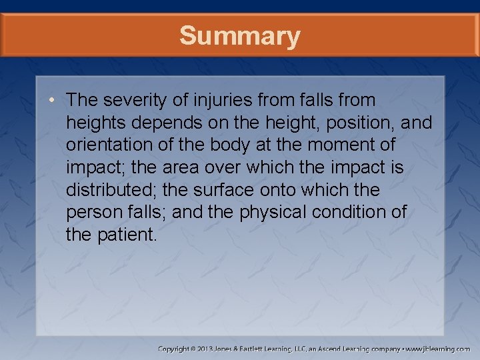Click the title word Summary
[x=239, y=35]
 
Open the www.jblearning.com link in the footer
[x=438, y=349]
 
